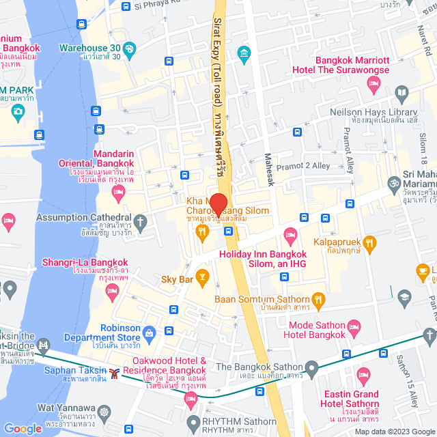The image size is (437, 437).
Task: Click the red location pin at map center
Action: [218, 203]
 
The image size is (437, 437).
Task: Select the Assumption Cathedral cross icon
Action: [140, 221]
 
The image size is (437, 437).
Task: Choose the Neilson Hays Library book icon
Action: [403, 93]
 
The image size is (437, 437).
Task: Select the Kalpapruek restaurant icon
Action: [369, 241]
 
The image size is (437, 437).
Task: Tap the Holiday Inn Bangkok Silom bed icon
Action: [290, 237]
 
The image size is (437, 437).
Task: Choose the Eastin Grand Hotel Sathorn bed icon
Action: [363, 375]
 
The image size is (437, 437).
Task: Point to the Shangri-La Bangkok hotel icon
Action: [112, 293]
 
